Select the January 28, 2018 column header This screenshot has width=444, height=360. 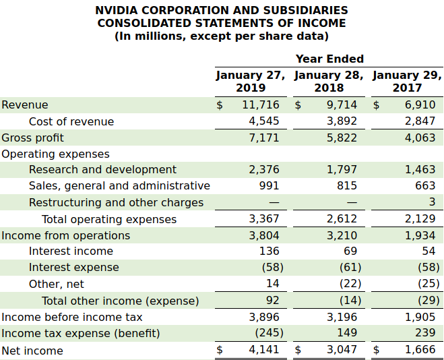pyautogui.click(x=329, y=81)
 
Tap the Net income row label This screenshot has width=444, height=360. pyautogui.click(x=32, y=351)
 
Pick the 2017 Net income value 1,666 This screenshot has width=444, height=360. pyautogui.click(x=420, y=350)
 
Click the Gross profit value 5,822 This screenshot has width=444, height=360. pyautogui.click(x=342, y=138)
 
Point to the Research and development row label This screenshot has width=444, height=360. pyautogui.click(x=102, y=170)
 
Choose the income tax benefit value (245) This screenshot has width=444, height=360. pyautogui.click(x=269, y=333)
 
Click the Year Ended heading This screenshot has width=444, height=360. pyautogui.click(x=329, y=59)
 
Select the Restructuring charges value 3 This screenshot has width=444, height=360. pyautogui.click(x=432, y=202)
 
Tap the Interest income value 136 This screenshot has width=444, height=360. pyautogui.click(x=269, y=251)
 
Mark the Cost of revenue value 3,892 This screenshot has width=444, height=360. pyautogui.click(x=342, y=121)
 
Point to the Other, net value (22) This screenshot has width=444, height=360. pyautogui.click(x=350, y=284)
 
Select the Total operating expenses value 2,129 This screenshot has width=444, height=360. pyautogui.click(x=420, y=218)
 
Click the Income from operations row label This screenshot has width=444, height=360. pyautogui.click(x=66, y=235)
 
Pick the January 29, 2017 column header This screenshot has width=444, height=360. pyautogui.click(x=407, y=81)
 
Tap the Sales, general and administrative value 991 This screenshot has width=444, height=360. pyautogui.click(x=269, y=185)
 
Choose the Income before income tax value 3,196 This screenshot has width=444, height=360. pyautogui.click(x=342, y=317)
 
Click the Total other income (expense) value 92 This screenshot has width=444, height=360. pyautogui.click(x=272, y=300)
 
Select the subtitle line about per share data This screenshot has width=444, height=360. pyautogui.click(x=222, y=36)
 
